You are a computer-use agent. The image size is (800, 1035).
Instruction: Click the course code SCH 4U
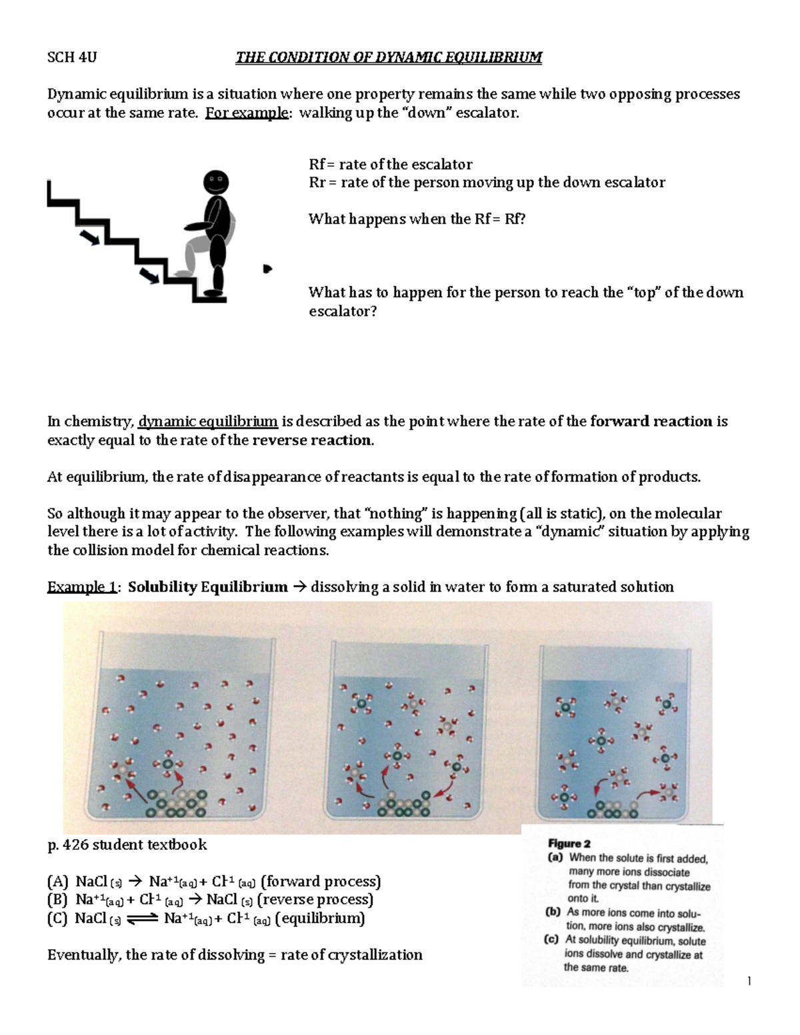pos(71,57)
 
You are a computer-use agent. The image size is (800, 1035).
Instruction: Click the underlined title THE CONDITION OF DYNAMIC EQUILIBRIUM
pos(389,57)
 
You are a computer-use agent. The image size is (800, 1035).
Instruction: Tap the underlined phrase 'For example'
pos(247,113)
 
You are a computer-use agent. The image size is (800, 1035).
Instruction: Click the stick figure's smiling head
pos(215,181)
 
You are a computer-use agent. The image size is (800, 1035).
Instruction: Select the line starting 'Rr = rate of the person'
pos(487,183)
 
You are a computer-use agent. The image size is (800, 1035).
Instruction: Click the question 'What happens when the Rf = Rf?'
pos(417,219)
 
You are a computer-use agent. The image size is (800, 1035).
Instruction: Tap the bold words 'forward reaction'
pos(651,421)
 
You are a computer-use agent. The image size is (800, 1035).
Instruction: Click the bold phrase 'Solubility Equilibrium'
pos(207,587)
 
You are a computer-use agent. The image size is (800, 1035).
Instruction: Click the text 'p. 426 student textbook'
pos(127,845)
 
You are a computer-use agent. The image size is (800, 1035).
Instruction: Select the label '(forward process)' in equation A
pos(321,882)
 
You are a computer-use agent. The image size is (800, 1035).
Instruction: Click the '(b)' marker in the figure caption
pos(555,913)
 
